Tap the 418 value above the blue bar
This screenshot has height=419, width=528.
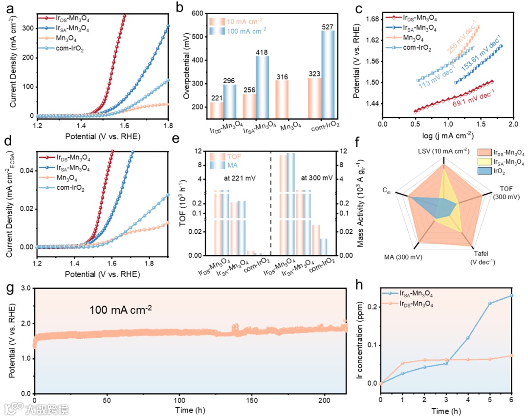[x=263, y=51]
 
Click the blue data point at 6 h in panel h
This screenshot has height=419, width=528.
[x=512, y=295]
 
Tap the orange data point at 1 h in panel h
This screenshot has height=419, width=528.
[x=403, y=363]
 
